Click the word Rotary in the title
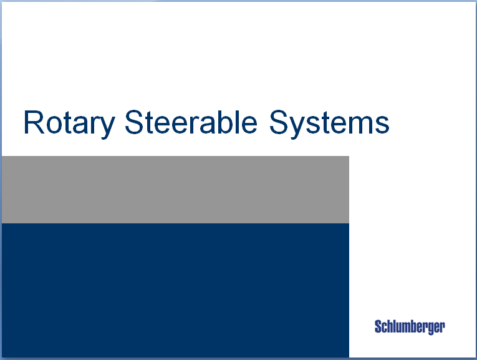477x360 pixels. (x=69, y=122)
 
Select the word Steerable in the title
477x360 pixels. (x=191, y=122)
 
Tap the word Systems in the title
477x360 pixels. (x=329, y=122)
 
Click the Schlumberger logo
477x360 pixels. (x=410, y=327)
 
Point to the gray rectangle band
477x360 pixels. (x=175, y=190)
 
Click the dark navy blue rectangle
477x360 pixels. (x=175, y=290)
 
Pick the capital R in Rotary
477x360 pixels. (x=34, y=122)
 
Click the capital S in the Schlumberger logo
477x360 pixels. (x=378, y=327)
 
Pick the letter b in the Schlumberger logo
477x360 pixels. (x=413, y=327)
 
